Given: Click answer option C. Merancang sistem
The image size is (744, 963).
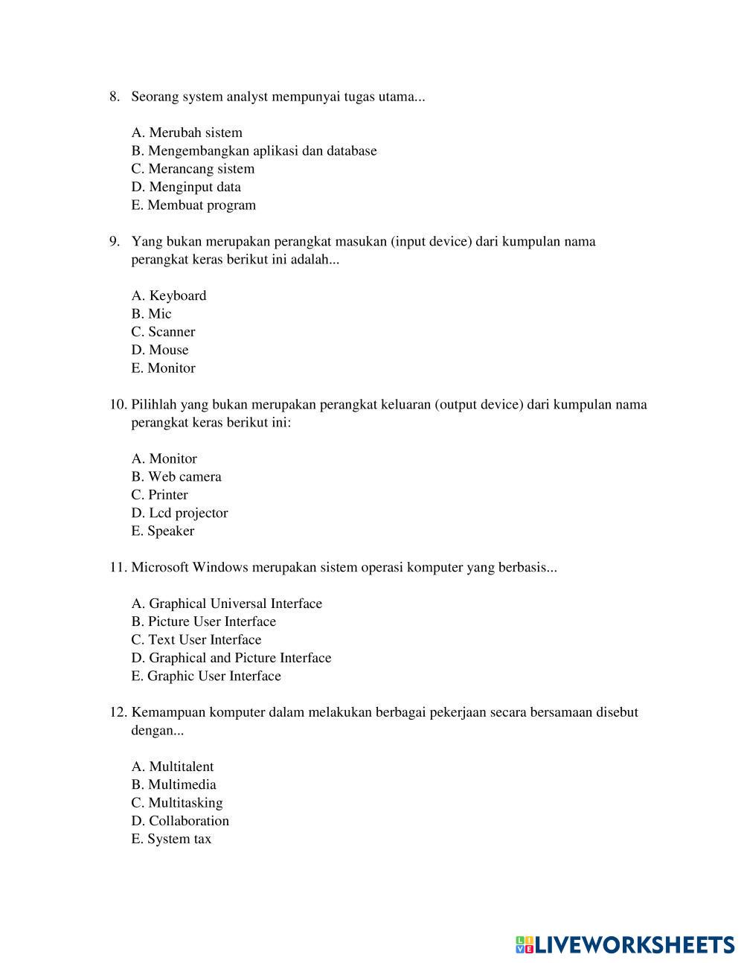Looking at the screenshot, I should (x=193, y=169).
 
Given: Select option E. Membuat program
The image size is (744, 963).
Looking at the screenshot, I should (x=193, y=205).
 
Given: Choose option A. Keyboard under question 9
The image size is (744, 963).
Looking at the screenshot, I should (x=169, y=296).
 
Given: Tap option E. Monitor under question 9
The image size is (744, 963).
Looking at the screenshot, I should (x=163, y=368).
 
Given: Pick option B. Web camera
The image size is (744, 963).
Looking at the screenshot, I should (x=176, y=477).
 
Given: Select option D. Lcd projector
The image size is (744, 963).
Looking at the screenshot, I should (x=179, y=514).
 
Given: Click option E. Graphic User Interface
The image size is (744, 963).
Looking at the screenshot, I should (x=206, y=676).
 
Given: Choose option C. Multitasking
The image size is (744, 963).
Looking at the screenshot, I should (x=177, y=803).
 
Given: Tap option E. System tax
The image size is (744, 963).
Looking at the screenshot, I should (x=171, y=839).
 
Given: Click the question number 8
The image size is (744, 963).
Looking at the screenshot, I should (x=115, y=97).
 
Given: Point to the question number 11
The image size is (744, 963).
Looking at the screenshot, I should (x=118, y=568).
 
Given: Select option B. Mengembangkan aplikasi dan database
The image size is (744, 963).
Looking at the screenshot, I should (x=254, y=151).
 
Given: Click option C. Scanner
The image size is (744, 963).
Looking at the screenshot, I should (x=163, y=332).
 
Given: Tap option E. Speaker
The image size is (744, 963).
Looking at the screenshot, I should (x=163, y=531).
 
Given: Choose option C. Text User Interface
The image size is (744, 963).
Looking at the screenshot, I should (x=196, y=640).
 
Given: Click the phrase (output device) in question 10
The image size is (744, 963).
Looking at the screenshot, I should (x=479, y=405).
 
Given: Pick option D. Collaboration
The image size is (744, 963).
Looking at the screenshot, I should (x=180, y=822).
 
